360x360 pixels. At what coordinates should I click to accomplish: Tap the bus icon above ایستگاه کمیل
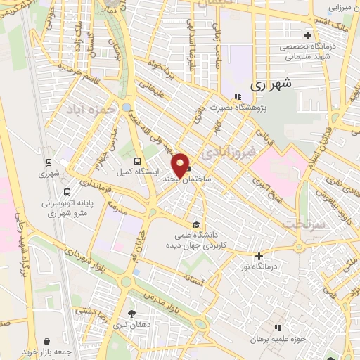click(x=136, y=158)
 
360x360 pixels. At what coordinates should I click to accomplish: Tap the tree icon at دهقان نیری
click(x=131, y=314)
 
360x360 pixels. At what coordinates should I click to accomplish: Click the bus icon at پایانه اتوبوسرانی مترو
click(x=66, y=192)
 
